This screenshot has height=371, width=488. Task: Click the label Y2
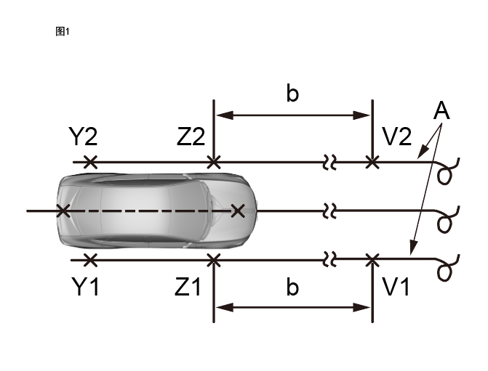(x=84, y=136)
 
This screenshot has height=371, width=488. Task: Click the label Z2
(x=191, y=136)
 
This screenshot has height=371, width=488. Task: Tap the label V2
(x=397, y=136)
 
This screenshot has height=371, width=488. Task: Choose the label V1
(x=397, y=287)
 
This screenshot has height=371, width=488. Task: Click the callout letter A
(x=441, y=111)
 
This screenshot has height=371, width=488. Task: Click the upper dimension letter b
(x=292, y=94)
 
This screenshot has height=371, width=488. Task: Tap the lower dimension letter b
(x=292, y=288)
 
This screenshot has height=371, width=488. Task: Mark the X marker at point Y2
(x=89, y=162)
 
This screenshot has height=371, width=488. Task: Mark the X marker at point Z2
(x=214, y=162)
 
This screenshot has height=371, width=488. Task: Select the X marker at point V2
(x=372, y=162)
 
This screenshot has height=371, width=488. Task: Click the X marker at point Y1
(x=89, y=259)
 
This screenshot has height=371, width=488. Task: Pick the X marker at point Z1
(x=214, y=259)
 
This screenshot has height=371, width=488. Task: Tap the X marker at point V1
(x=372, y=259)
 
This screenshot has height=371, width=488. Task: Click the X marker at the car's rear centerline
(x=63, y=211)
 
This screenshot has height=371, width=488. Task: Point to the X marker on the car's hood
(x=237, y=211)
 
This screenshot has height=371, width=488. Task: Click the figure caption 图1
(x=62, y=31)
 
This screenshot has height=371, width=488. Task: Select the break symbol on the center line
(x=329, y=211)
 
